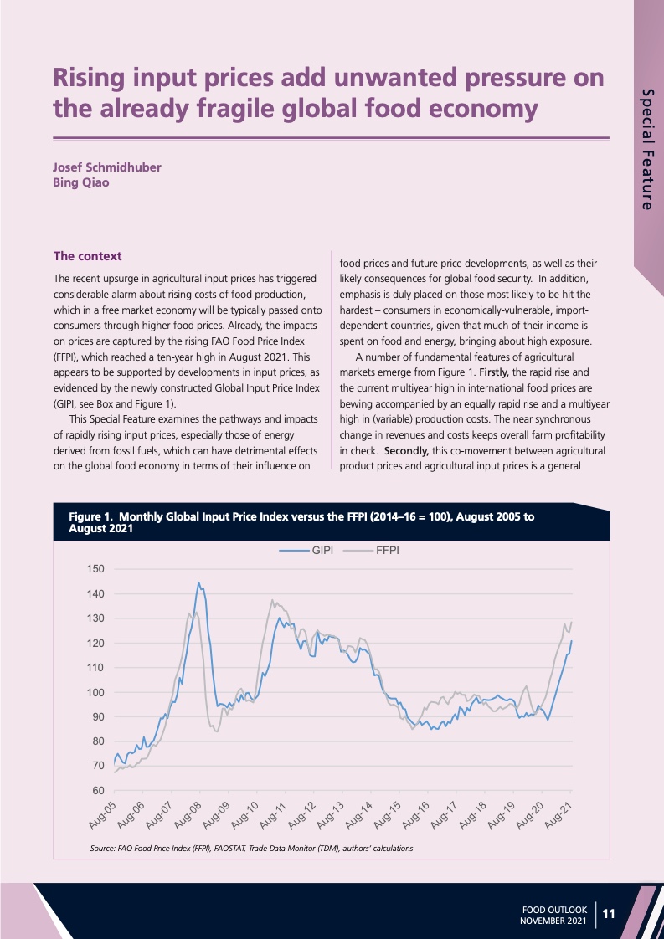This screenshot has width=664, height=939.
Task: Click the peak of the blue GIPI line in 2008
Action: coord(198,582)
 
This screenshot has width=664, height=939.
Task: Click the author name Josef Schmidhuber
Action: coord(107,167)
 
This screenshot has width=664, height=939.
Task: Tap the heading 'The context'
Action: coord(87,255)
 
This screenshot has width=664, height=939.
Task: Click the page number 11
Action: coord(609,915)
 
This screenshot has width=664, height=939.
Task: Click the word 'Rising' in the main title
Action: coord(96,78)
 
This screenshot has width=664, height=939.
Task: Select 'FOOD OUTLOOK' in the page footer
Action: coord(554,909)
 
